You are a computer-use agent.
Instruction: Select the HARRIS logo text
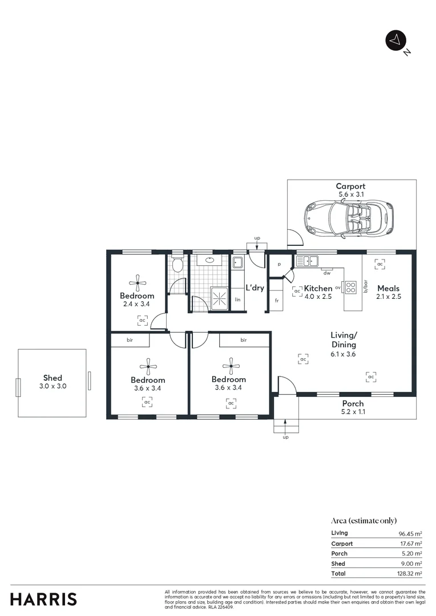click(x=43, y=599)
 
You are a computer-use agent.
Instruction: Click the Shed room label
click(x=53, y=378)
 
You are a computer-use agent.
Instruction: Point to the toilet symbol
click(x=177, y=265)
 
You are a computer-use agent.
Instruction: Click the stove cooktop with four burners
click(x=350, y=287)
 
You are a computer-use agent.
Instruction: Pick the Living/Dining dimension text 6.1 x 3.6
click(x=344, y=354)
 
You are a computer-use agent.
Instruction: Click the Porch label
click(x=353, y=403)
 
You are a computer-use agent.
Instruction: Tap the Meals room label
click(x=388, y=288)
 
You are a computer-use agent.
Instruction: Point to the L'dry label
click(x=255, y=288)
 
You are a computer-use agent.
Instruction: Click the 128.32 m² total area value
click(x=410, y=573)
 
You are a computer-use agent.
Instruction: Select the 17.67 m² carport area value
click(x=411, y=544)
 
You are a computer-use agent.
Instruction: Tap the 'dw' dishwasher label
click(x=327, y=273)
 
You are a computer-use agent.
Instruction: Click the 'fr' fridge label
click(x=276, y=301)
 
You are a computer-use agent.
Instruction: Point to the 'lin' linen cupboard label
click(x=237, y=299)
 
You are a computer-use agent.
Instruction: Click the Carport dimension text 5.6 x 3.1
click(x=350, y=194)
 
